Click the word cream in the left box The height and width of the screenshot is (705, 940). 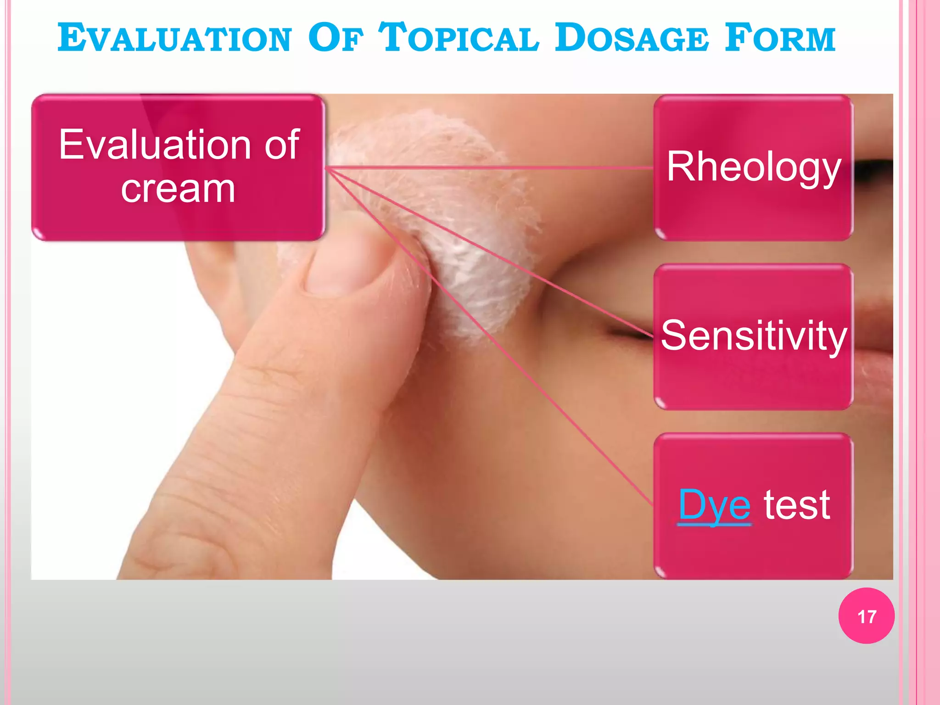point(178,189)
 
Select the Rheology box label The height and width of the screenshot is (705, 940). point(754,167)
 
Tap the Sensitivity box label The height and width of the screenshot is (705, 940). point(754,336)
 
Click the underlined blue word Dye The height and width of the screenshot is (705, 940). point(714,505)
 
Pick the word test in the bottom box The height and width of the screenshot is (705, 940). point(797,505)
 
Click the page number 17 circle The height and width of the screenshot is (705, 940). point(866,616)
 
